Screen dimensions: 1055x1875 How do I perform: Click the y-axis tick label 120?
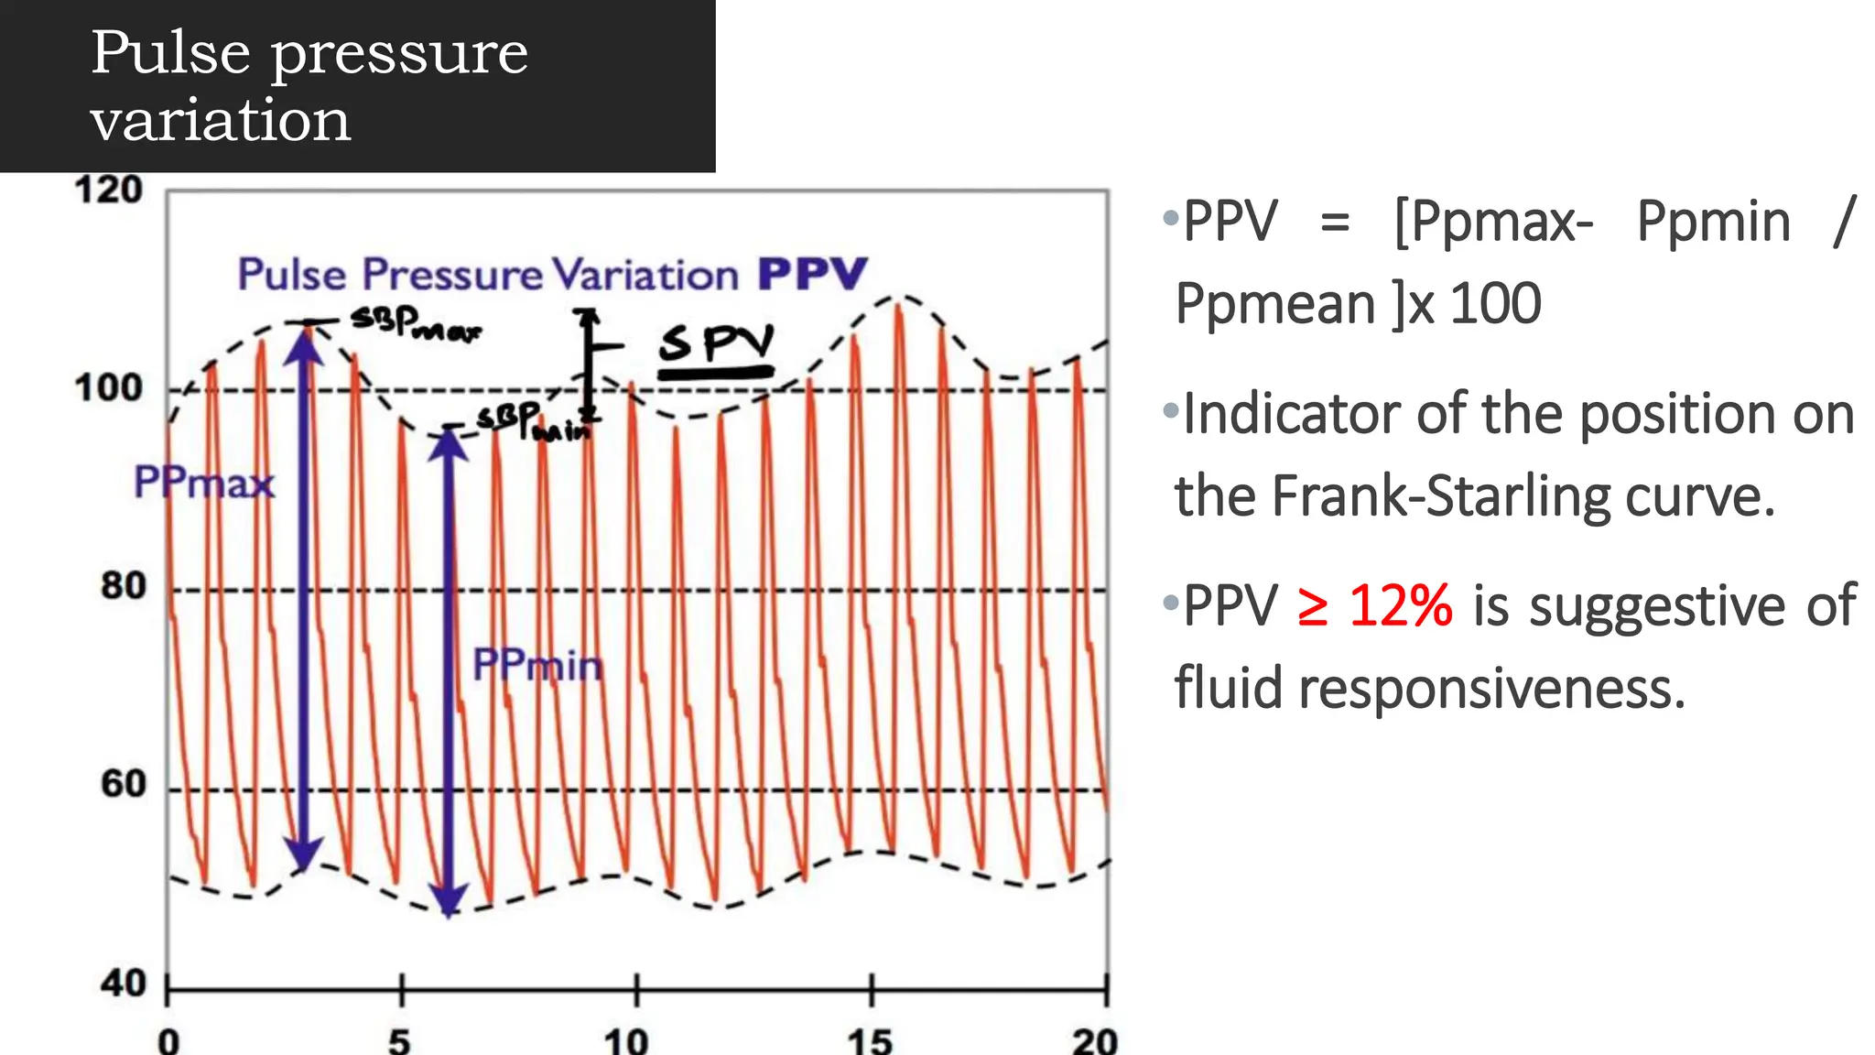(108, 190)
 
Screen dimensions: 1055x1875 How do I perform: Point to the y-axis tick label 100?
(108, 388)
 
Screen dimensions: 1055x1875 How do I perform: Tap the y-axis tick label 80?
(123, 586)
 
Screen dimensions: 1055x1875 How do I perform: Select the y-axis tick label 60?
(123, 785)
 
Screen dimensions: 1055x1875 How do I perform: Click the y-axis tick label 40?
(123, 984)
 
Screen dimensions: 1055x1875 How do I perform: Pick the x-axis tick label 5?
(400, 1041)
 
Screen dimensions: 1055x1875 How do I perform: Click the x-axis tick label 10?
(626, 1041)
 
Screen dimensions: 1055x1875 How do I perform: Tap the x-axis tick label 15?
(869, 1041)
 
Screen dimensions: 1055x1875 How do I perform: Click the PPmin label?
(537, 665)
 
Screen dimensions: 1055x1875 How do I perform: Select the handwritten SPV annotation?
(716, 346)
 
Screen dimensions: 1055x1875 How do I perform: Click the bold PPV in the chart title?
(812, 274)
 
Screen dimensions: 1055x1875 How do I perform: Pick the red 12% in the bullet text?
(1400, 606)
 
